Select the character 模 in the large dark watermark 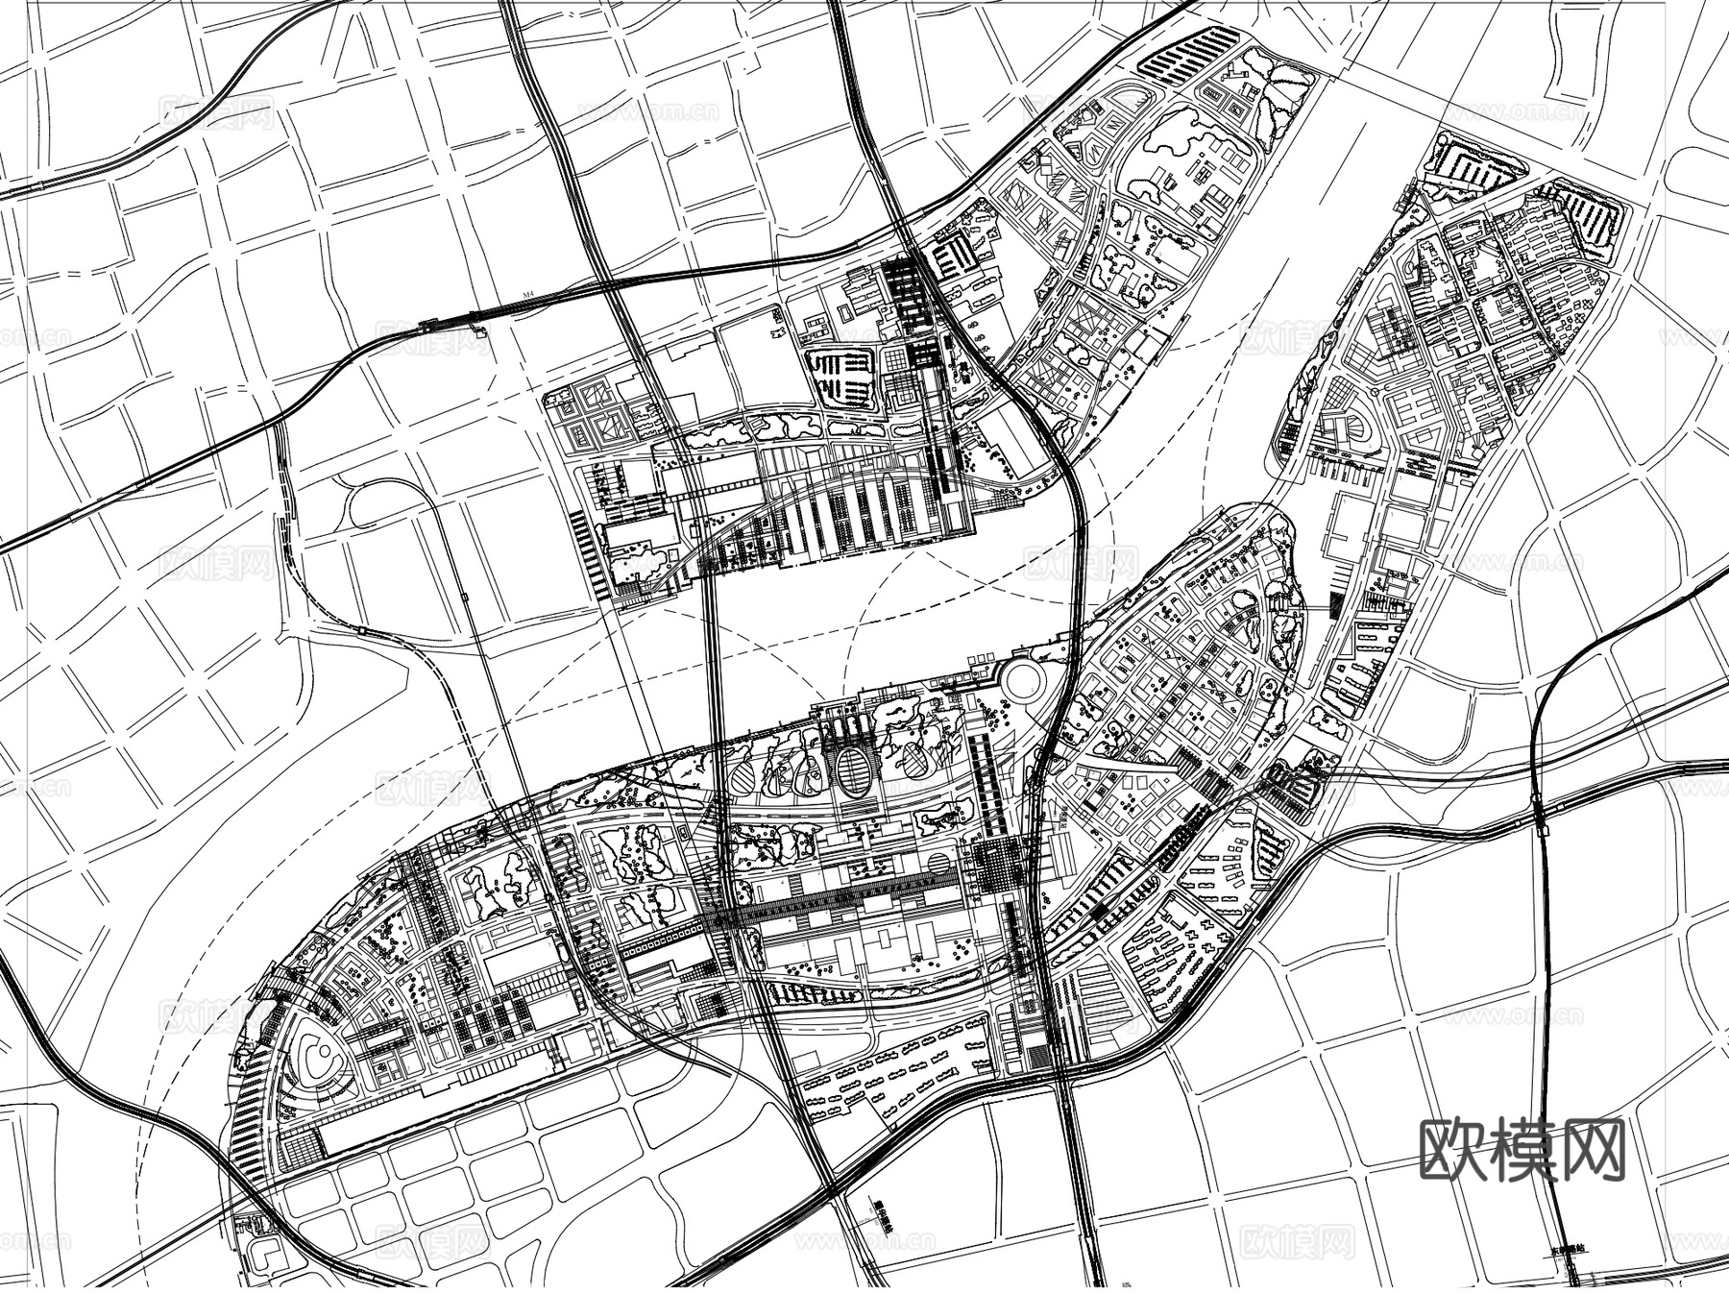pyautogui.click(x=1522, y=1149)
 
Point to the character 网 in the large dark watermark pyautogui.click(x=1592, y=1149)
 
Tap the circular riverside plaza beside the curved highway pyautogui.click(x=1024, y=679)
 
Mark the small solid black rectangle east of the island pyautogui.click(x=1335, y=603)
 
